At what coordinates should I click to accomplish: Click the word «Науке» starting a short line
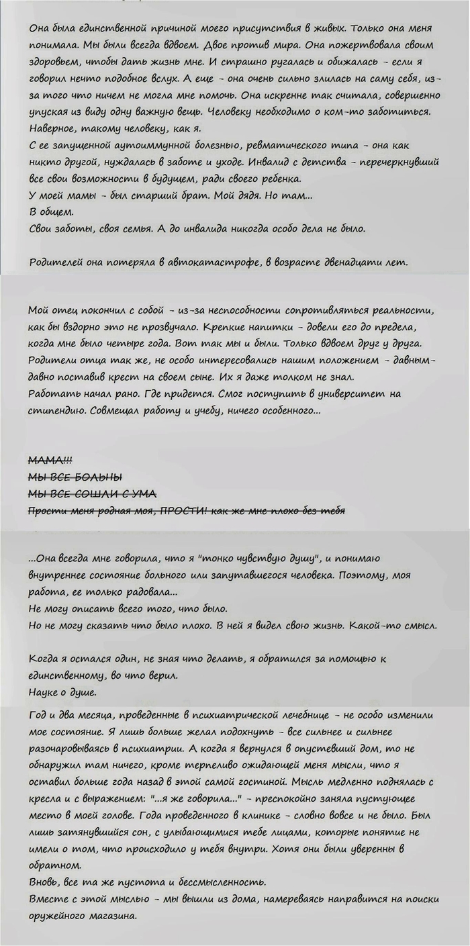coord(46,692)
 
